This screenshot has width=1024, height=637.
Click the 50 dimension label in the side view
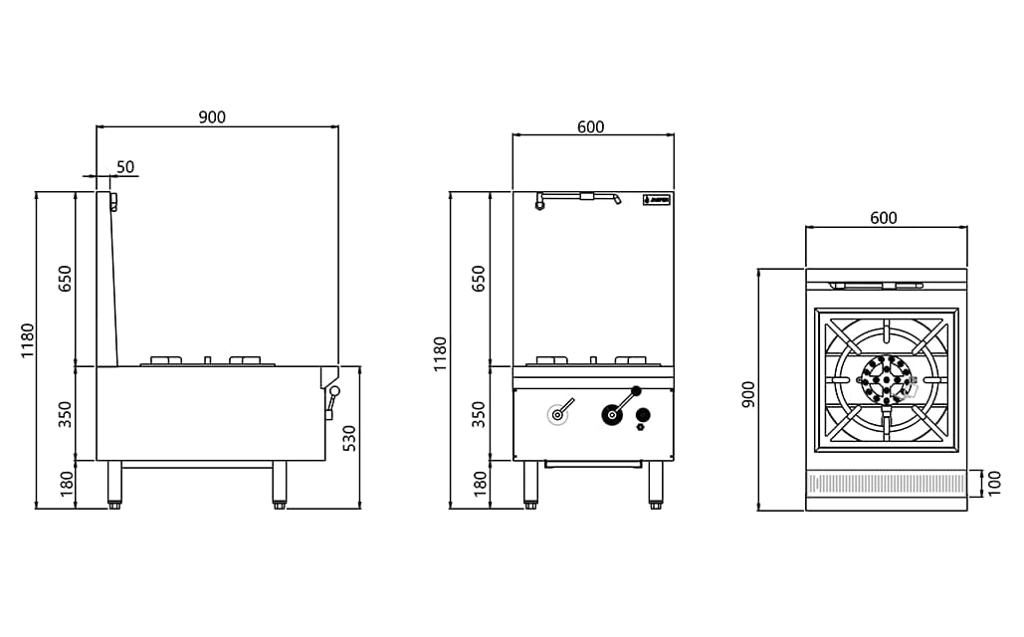click(x=125, y=166)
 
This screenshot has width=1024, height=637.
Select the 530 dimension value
click(x=348, y=438)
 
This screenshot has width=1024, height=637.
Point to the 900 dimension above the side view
click(x=212, y=116)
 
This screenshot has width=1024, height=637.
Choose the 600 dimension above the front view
click(x=590, y=126)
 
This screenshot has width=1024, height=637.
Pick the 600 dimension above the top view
click(x=884, y=218)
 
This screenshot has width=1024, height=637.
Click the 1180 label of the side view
click(x=27, y=340)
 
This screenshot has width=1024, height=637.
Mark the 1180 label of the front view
click(x=440, y=353)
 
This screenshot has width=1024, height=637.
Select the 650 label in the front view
click(x=479, y=278)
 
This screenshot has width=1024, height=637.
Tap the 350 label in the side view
click(x=66, y=414)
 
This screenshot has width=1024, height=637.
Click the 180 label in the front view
click(x=479, y=484)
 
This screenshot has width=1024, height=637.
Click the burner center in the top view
click(x=886, y=379)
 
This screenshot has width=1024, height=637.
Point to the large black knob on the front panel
click(x=608, y=414)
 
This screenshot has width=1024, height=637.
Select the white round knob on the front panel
click(x=557, y=415)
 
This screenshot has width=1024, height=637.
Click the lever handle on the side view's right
click(x=331, y=399)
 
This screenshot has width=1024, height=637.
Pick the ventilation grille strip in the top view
click(x=886, y=484)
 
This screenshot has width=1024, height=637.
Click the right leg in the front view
click(x=656, y=484)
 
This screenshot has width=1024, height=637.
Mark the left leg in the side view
click(x=114, y=484)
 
